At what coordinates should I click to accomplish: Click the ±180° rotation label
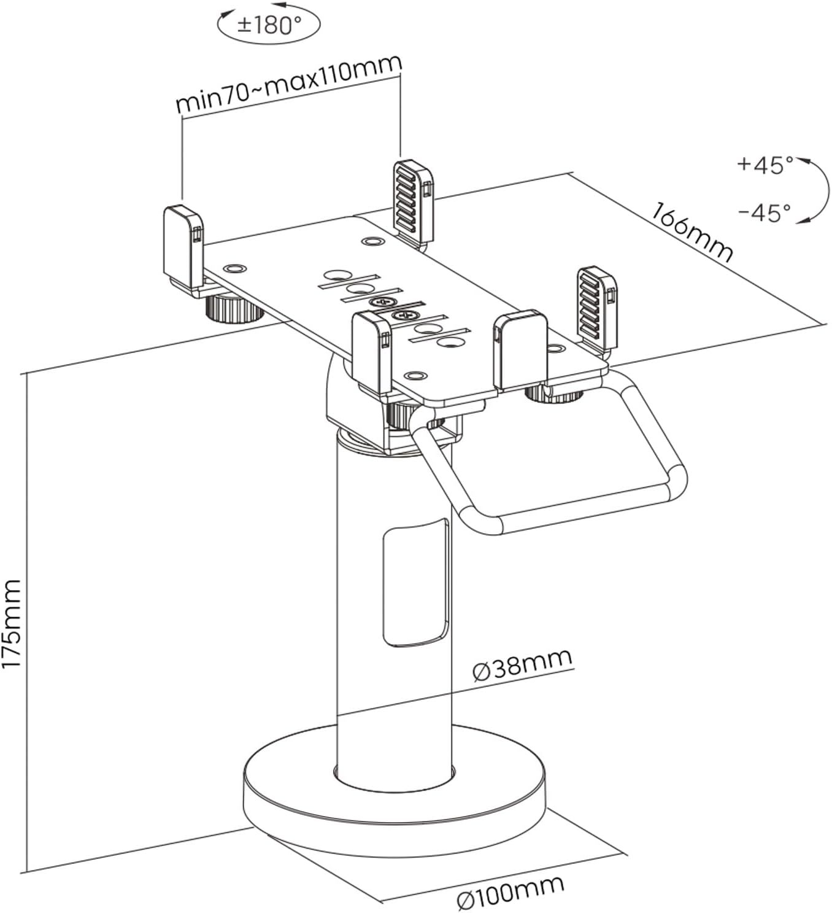(x=270, y=26)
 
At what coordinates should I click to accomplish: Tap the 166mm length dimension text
(x=692, y=233)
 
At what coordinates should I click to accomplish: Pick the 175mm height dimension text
(x=12, y=624)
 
